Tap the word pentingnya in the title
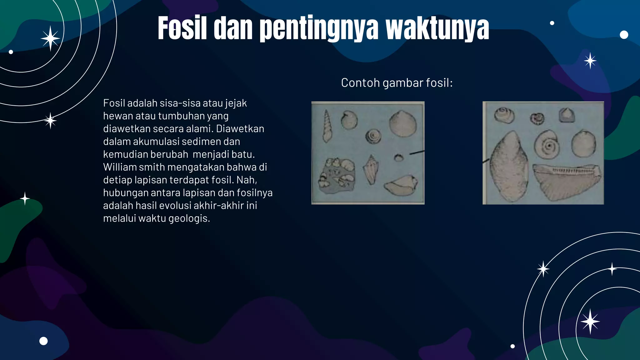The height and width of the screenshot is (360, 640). pyautogui.click(x=319, y=29)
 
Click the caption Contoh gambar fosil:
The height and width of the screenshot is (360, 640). pyautogui.click(x=397, y=83)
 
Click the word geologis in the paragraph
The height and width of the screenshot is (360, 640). pyautogui.click(x=189, y=218)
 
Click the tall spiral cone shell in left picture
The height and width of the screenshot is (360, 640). pyautogui.click(x=327, y=126)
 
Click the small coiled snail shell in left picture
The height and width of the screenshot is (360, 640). pyautogui.click(x=373, y=137)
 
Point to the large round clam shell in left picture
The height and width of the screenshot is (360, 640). pyautogui.click(x=402, y=124)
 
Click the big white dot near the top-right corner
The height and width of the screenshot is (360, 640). pyautogui.click(x=624, y=35)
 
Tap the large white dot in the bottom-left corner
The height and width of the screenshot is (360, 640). pyautogui.click(x=43, y=341)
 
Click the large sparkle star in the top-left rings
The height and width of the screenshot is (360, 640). pyautogui.click(x=50, y=38)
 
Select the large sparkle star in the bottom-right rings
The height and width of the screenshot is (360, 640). pyautogui.click(x=590, y=322)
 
